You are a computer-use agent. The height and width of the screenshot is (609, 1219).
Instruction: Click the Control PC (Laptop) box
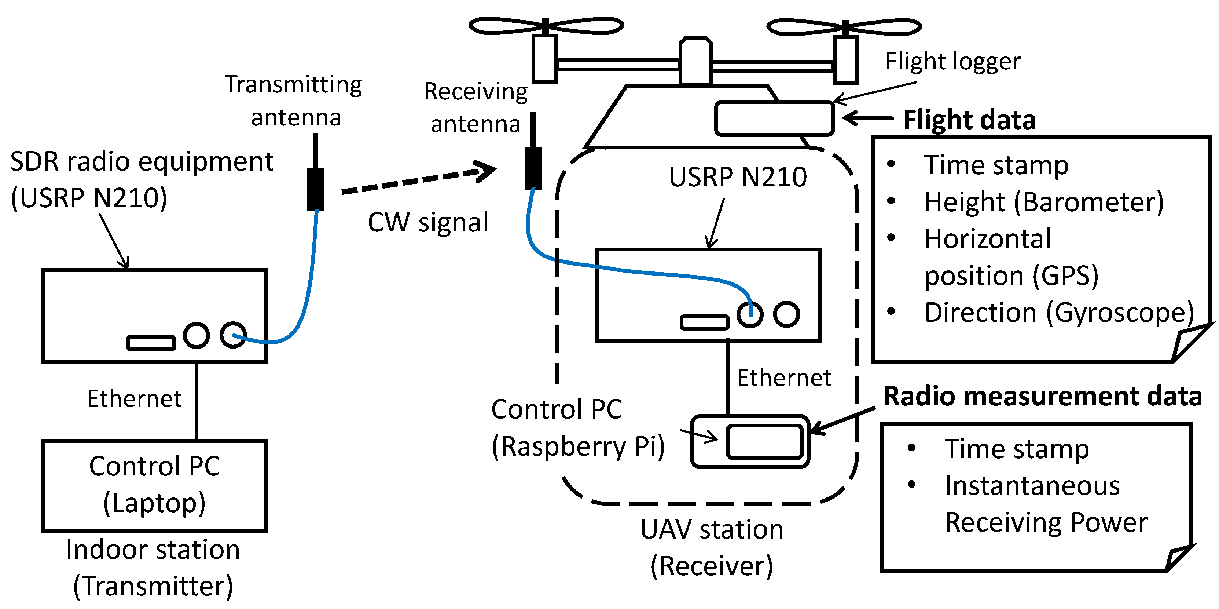point(154,485)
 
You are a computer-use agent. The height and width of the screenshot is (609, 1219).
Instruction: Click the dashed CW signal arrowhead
point(485,171)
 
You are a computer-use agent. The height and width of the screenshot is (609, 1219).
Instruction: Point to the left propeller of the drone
point(546,26)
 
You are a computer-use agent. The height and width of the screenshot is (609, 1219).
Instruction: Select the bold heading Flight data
point(969,120)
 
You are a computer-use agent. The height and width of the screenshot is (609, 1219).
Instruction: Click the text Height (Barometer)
point(1043,202)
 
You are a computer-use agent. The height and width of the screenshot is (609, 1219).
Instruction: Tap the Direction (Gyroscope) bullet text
point(1059,313)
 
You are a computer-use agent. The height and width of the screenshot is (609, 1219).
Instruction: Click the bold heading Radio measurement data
point(1043,396)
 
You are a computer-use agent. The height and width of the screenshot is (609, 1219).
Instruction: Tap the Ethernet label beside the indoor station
point(135,399)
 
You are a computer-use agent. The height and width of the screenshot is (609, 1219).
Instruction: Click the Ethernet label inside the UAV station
point(784,378)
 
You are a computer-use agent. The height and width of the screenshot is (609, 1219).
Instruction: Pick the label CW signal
point(428,223)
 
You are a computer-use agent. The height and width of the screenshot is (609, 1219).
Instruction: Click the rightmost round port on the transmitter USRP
point(233,335)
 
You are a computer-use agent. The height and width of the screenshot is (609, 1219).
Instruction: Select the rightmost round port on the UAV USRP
point(786,314)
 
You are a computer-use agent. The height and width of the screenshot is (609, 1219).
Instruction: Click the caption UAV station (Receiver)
point(711,547)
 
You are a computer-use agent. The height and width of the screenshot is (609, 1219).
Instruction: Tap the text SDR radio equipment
point(142,162)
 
